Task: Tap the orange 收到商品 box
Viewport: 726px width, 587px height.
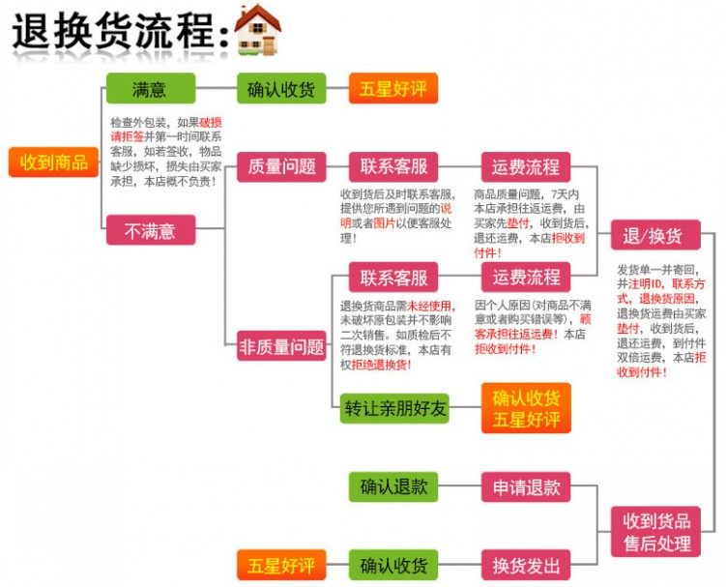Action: point(54,162)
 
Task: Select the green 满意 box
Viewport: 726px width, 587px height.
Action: point(150,90)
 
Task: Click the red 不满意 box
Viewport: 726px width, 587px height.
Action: point(150,230)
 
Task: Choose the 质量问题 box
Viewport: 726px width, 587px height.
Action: point(281,166)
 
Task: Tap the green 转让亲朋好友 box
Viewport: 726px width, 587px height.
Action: point(396,408)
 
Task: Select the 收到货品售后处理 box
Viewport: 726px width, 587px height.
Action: point(654,531)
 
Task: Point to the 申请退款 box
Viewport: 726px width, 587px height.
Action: point(526,487)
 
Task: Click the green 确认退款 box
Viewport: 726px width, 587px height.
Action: point(393,487)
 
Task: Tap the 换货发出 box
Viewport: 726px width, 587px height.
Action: point(526,564)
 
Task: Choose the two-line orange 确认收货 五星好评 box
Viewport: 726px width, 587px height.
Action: point(526,408)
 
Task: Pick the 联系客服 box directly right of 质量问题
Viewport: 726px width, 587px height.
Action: point(393,166)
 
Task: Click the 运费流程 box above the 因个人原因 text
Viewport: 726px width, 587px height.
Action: point(526,278)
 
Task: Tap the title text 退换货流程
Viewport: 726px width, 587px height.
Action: point(111,32)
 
